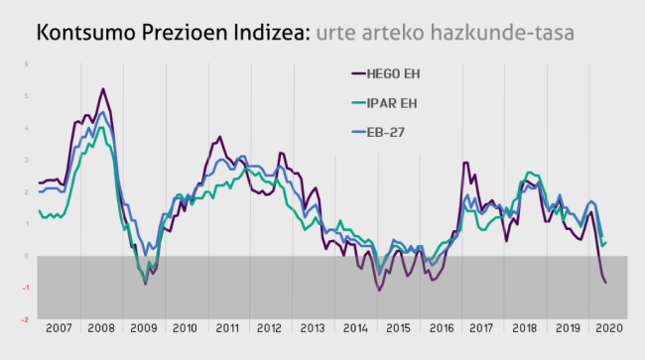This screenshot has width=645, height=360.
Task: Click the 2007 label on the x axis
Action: (x=57, y=326)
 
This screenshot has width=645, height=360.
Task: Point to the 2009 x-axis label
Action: (x=143, y=326)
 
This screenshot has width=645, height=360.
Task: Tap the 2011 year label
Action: (x=228, y=326)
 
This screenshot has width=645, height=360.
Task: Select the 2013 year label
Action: (x=313, y=326)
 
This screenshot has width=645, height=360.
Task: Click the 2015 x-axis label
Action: (x=398, y=326)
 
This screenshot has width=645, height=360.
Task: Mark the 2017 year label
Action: (x=483, y=326)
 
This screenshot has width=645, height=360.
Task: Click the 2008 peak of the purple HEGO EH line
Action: (x=102, y=89)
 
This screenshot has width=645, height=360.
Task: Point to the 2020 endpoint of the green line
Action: (x=606, y=242)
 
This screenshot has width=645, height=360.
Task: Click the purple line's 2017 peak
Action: (x=465, y=163)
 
